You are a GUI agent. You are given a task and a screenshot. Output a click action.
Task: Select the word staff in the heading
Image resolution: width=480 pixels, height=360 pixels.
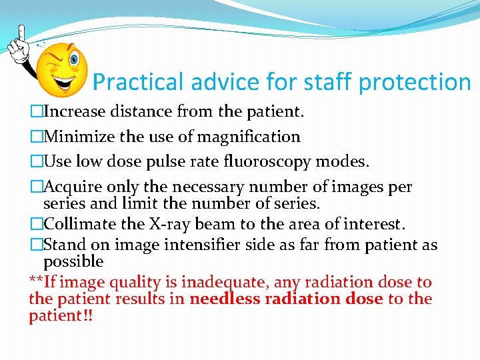(321, 82)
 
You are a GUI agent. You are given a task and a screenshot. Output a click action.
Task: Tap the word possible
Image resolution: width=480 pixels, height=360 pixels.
(73, 261)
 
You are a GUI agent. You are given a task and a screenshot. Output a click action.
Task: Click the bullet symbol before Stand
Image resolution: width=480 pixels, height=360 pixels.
(36, 245)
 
